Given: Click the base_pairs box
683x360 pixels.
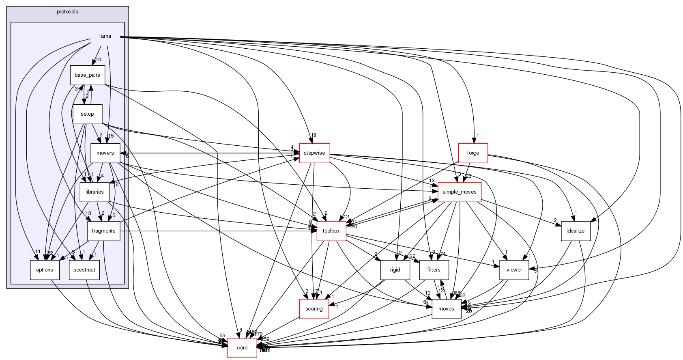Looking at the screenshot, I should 87,75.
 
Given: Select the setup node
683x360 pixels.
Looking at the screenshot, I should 87,114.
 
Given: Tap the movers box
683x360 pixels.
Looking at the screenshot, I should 105,153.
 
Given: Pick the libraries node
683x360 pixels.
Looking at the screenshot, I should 94,192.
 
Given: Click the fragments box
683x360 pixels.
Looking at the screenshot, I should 103,231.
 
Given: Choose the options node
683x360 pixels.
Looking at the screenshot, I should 45,270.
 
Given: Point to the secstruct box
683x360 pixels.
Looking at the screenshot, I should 84,270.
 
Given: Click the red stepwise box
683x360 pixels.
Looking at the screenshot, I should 314,153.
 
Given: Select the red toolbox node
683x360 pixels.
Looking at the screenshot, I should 331,231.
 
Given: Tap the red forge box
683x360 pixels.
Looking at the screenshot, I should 473,153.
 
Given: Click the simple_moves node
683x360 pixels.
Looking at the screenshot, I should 456,192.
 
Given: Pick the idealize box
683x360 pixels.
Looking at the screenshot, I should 576,231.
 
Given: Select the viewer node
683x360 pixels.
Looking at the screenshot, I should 514,270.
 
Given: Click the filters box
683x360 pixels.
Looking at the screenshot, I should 434,270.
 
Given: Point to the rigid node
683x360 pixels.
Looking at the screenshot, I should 395,270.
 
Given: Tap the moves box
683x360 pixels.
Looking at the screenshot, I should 446,309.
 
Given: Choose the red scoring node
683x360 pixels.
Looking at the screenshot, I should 314,309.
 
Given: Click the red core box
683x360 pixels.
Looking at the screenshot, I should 242,348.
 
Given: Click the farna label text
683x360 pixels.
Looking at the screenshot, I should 105,36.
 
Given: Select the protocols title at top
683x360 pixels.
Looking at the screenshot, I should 67,12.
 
